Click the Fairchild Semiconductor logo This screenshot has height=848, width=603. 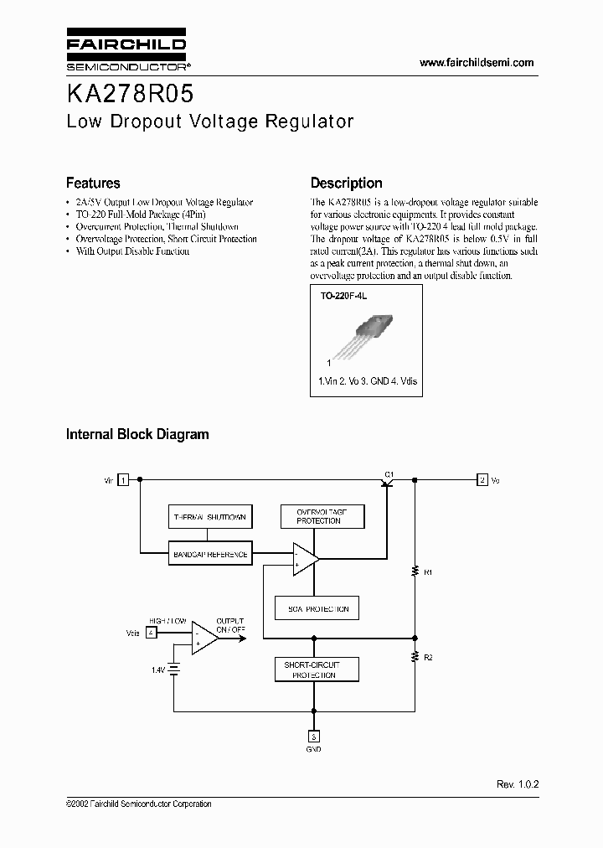coord(126,52)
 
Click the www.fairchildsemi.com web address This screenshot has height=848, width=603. coord(476,63)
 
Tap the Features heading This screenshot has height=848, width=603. coord(93,183)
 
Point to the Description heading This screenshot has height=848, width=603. coord(346,183)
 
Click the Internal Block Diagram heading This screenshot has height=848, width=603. coord(137,434)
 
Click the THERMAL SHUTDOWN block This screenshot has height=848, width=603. coord(209,517)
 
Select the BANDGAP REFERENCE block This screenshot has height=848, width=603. coord(209,554)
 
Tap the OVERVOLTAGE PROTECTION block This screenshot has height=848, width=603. coord(319,516)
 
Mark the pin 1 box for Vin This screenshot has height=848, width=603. coord(123,480)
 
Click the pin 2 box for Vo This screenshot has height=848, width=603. coord(482,480)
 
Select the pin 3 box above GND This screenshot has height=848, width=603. coord(313,737)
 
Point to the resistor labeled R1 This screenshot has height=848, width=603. coord(415,572)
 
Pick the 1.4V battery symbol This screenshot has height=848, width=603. coord(175,670)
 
